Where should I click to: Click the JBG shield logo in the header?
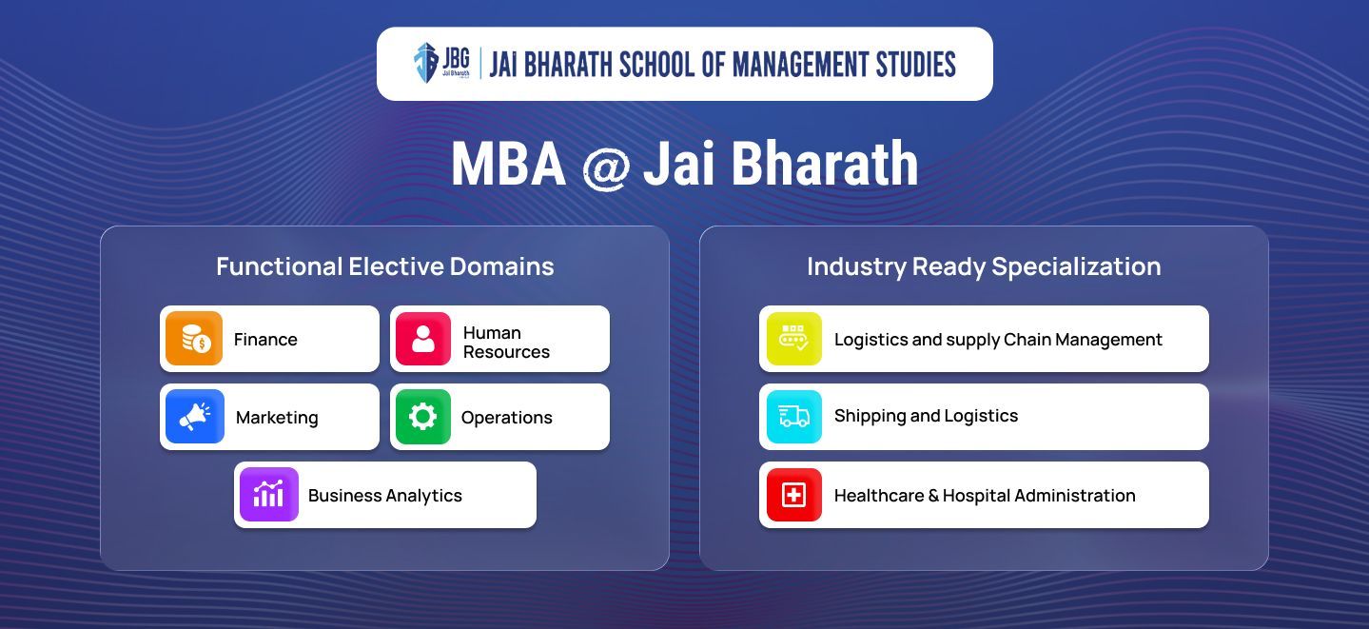pyautogui.click(x=426, y=63)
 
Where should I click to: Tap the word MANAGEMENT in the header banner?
pyautogui.click(x=801, y=65)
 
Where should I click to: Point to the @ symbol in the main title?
pyautogui.click(x=606, y=167)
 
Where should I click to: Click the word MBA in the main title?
pyautogui.click(x=508, y=164)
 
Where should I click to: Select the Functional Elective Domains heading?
pyautogui.click(x=385, y=266)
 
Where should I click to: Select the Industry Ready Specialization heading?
pyautogui.click(x=984, y=267)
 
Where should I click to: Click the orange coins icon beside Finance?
pyautogui.click(x=194, y=339)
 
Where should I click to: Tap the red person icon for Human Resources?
pyautogui.click(x=423, y=339)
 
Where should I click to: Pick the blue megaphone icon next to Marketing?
pyautogui.click(x=194, y=417)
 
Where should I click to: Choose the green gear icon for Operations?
pyautogui.click(x=423, y=417)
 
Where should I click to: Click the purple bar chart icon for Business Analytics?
pyautogui.click(x=269, y=495)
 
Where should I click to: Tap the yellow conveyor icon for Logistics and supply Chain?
pyautogui.click(x=793, y=339)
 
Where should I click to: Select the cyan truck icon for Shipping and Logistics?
pyautogui.click(x=793, y=417)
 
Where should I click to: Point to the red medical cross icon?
pyautogui.click(x=793, y=495)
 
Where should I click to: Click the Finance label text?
pyautogui.click(x=265, y=340)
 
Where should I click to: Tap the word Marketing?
pyautogui.click(x=277, y=418)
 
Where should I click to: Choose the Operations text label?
pyautogui.click(x=507, y=418)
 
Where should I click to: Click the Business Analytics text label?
pyautogui.click(x=385, y=496)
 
